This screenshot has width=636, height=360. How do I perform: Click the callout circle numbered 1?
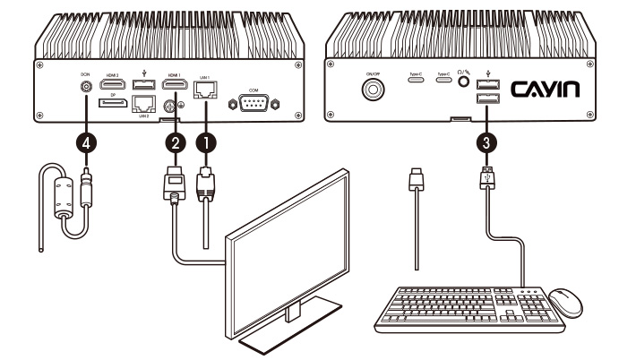pos(206,141)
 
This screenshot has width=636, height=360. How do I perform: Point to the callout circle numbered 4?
pos(87,141)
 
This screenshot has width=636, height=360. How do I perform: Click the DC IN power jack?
pos(87,88)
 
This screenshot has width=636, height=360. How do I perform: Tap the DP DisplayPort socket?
pos(112,105)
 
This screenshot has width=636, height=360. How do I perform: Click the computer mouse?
pos(565,302)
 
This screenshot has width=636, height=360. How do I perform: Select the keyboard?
pos(462,310)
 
